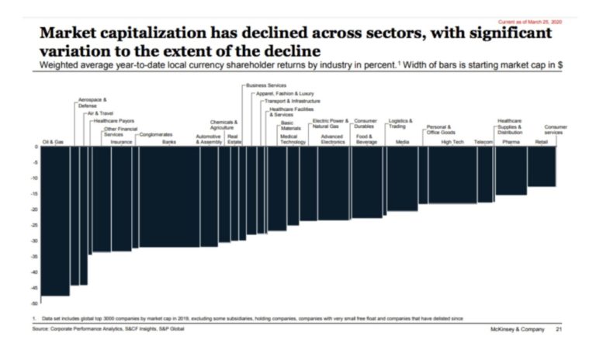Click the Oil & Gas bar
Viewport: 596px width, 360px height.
(54, 221)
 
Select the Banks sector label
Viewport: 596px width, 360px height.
(169, 143)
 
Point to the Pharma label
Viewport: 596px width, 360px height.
(511, 143)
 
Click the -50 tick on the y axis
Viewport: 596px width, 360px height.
(35, 303)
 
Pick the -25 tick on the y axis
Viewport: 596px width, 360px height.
(35, 225)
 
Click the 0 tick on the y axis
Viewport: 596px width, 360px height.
(36, 147)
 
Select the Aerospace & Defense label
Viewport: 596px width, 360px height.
(92, 102)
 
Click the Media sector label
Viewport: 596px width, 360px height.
(402, 143)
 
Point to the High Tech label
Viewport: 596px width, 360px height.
(451, 143)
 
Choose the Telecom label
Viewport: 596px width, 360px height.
(484, 143)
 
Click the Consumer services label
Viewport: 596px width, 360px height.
(555, 130)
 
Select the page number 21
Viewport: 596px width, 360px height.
(558, 329)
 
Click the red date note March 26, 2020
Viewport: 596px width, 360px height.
(540, 21)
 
